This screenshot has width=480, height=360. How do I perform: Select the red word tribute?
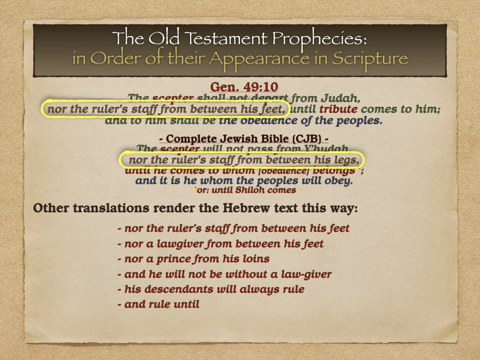click(338, 110)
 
